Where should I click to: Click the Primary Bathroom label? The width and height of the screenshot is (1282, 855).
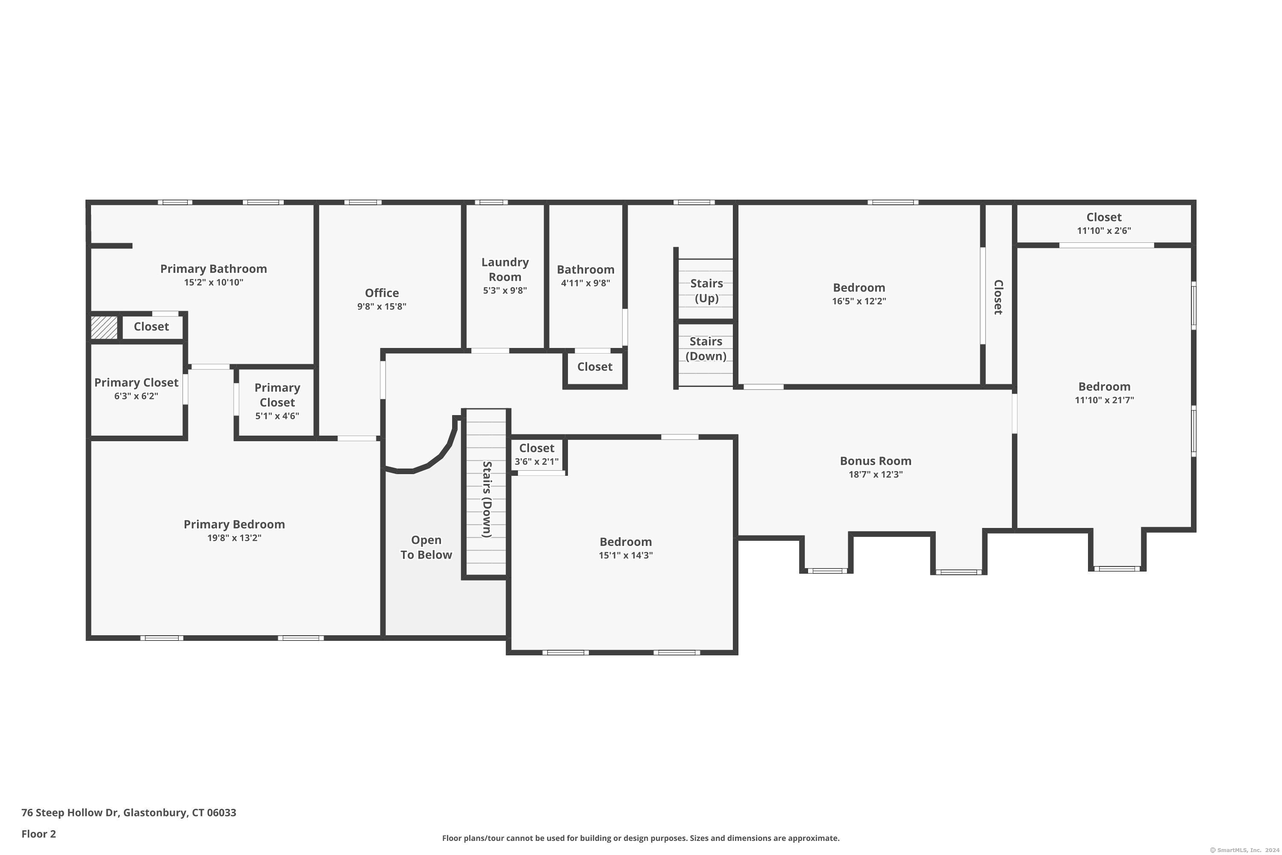[214, 269]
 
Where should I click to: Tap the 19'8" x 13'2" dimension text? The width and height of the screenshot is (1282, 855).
[234, 538]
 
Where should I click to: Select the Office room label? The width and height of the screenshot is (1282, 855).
[382, 293]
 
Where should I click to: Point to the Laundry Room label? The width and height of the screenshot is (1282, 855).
[505, 269]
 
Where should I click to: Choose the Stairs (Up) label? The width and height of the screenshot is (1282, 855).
[706, 291]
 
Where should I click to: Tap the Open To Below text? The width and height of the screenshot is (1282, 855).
[426, 548]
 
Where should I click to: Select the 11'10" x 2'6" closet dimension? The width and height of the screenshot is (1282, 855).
[1104, 231]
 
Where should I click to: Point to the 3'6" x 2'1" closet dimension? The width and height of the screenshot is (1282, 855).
[536, 462]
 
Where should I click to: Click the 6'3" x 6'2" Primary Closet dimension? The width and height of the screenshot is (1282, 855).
[136, 396]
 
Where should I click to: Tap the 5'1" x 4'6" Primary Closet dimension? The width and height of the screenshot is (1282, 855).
[277, 416]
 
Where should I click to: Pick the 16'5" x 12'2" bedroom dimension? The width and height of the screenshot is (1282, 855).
[859, 301]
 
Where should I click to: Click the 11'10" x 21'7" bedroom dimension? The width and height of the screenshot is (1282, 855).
[1104, 400]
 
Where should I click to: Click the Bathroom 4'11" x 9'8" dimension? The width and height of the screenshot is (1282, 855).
[585, 283]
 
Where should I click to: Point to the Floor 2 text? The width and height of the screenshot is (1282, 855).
[39, 834]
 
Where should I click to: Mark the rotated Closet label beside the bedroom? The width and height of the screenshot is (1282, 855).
[998, 297]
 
